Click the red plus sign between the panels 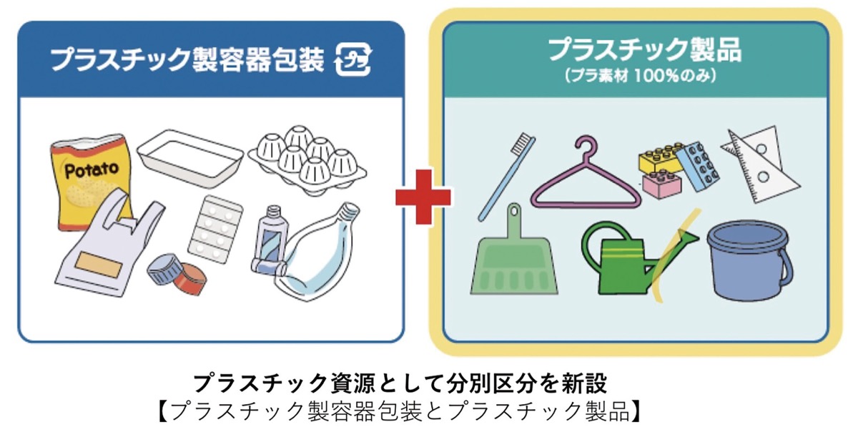pos(423,197)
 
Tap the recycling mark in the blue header pos(352,59)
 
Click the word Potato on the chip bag pos(92,170)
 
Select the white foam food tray pos(190,158)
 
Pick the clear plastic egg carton pos(307,160)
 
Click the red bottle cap pos(190,279)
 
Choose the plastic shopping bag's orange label pos(99,265)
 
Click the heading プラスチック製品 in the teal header pos(645,50)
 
